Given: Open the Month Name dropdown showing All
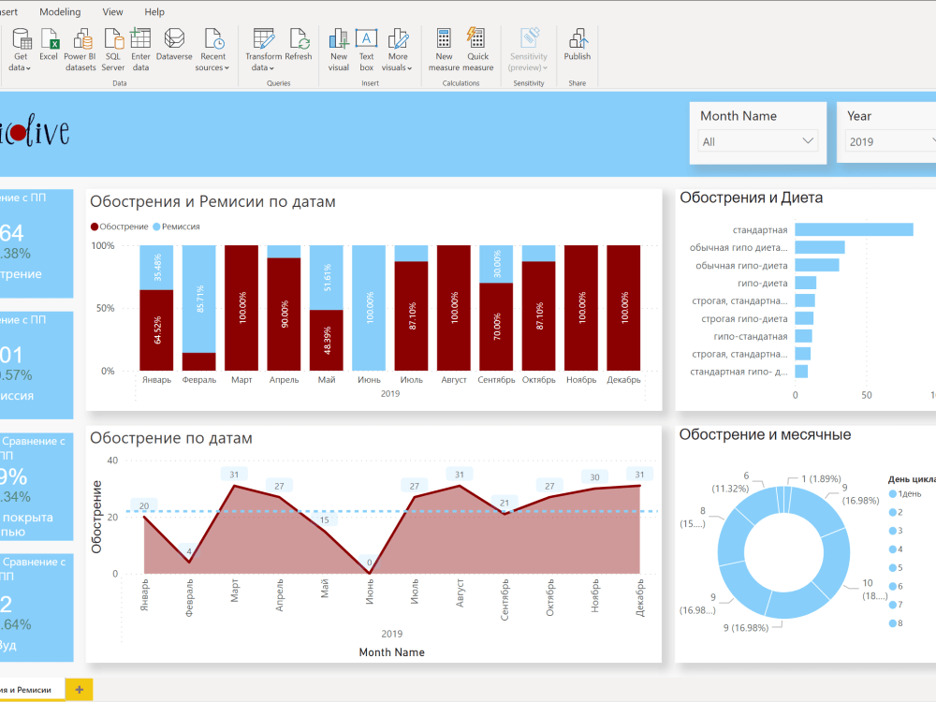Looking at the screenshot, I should click(x=759, y=141).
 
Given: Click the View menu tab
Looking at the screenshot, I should click(x=112, y=12).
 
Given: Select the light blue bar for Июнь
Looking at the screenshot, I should click(x=368, y=308).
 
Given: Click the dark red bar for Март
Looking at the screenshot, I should click(x=241, y=308).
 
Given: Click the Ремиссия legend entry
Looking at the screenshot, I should click(x=180, y=227).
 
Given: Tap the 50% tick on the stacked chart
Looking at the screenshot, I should click(x=104, y=308).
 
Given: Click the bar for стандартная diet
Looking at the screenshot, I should click(x=854, y=229).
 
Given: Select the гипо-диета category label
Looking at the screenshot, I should click(x=762, y=283).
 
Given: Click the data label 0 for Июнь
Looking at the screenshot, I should click(x=369, y=563).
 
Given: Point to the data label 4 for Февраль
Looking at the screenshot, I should click(x=190, y=551).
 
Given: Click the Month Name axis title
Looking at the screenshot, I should click(x=391, y=652).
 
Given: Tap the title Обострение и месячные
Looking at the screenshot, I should click(x=765, y=434).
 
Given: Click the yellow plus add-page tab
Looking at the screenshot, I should click(x=79, y=690).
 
